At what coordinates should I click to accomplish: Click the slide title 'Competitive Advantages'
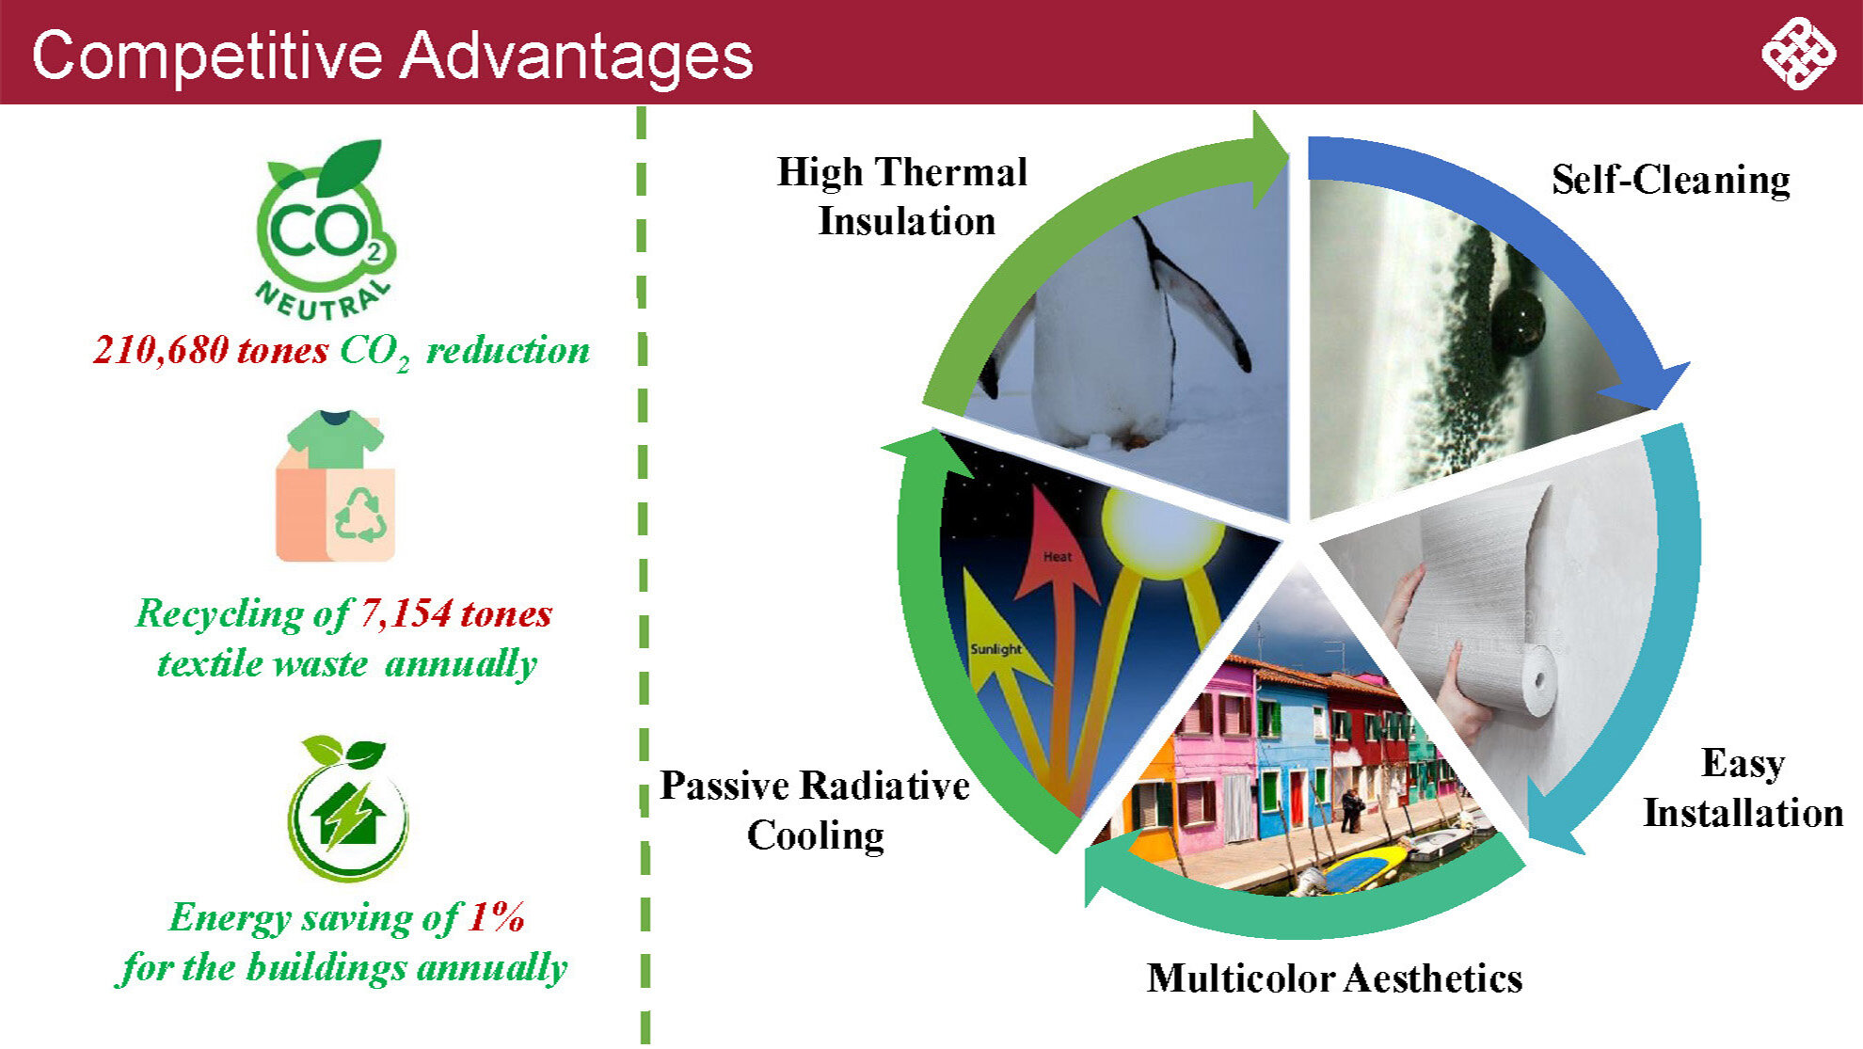(x=392, y=55)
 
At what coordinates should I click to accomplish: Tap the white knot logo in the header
(x=1798, y=54)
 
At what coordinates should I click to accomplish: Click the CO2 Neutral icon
(x=326, y=230)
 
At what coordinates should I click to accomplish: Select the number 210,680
(x=161, y=350)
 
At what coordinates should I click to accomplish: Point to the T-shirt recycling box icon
(x=335, y=485)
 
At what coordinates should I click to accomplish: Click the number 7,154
(x=406, y=613)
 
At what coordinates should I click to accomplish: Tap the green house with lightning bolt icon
(x=347, y=808)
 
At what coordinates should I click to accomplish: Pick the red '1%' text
(x=496, y=916)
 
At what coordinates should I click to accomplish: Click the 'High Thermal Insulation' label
(x=902, y=197)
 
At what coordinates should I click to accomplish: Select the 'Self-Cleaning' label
(x=1670, y=180)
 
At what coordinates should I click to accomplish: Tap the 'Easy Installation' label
(x=1743, y=788)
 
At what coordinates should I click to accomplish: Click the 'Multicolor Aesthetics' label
(x=1334, y=978)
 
